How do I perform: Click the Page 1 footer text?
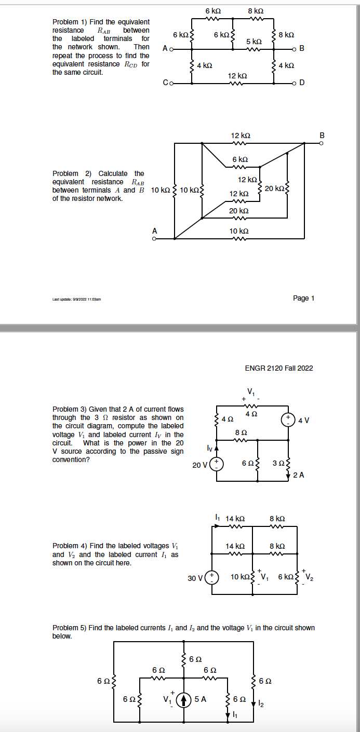tap(303, 298)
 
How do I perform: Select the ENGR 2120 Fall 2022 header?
tap(278, 368)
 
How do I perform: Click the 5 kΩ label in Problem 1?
tap(254, 41)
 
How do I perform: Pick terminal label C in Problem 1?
tap(165, 83)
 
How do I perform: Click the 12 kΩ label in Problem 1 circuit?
tap(236, 76)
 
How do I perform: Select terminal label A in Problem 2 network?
tap(154, 231)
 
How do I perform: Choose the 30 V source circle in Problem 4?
tap(212, 577)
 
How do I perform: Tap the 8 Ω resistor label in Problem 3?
tap(240, 432)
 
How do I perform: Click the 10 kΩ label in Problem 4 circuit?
tap(240, 577)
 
